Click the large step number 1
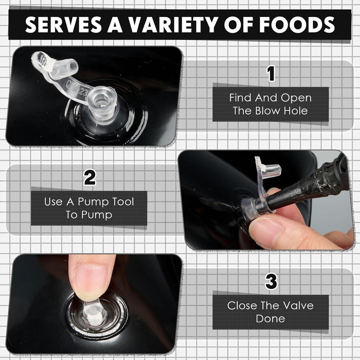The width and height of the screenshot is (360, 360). click(271, 73)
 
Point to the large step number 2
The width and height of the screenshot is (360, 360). click(90, 177)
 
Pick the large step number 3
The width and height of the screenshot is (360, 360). click(271, 281)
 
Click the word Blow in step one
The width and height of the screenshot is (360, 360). click(268, 111)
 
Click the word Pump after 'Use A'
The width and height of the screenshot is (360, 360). click(93, 202)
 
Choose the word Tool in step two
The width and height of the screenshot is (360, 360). click(123, 202)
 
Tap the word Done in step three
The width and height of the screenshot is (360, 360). click(270, 319)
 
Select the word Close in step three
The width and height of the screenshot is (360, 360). click(240, 306)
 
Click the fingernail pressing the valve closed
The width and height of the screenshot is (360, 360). click(91, 279)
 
